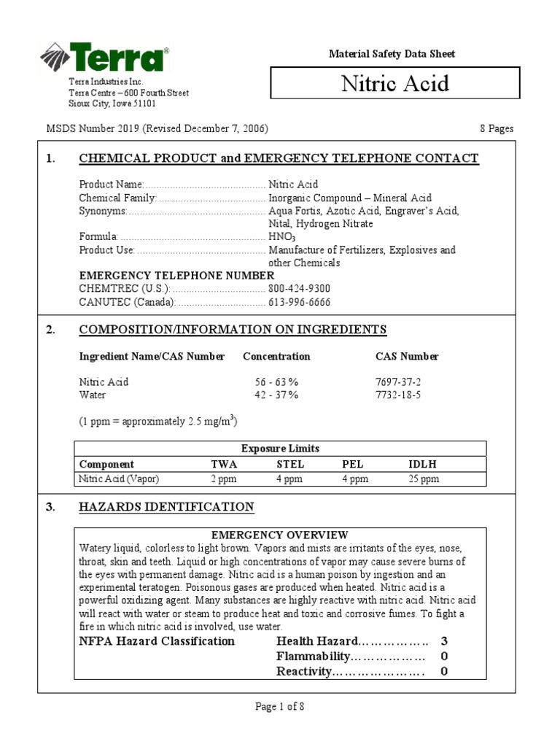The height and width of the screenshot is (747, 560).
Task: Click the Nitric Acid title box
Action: point(395,83)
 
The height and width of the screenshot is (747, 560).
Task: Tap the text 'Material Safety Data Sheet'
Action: point(392,54)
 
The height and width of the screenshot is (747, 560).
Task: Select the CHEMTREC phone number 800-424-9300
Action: point(299,288)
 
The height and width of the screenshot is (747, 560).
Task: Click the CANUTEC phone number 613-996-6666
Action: point(299,302)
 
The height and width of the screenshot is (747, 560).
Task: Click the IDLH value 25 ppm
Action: point(424,479)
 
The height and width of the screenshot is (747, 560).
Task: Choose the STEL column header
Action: point(290,464)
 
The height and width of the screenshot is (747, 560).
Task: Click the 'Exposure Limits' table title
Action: point(280,449)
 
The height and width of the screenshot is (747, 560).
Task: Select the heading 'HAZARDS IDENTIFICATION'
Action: point(166,507)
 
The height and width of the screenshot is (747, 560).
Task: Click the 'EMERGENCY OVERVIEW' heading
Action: point(279,535)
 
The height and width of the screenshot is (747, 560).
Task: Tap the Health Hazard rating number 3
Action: point(443,641)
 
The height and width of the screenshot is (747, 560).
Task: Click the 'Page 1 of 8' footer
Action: point(279,706)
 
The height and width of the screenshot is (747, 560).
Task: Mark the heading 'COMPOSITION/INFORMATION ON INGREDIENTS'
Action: point(233,330)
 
